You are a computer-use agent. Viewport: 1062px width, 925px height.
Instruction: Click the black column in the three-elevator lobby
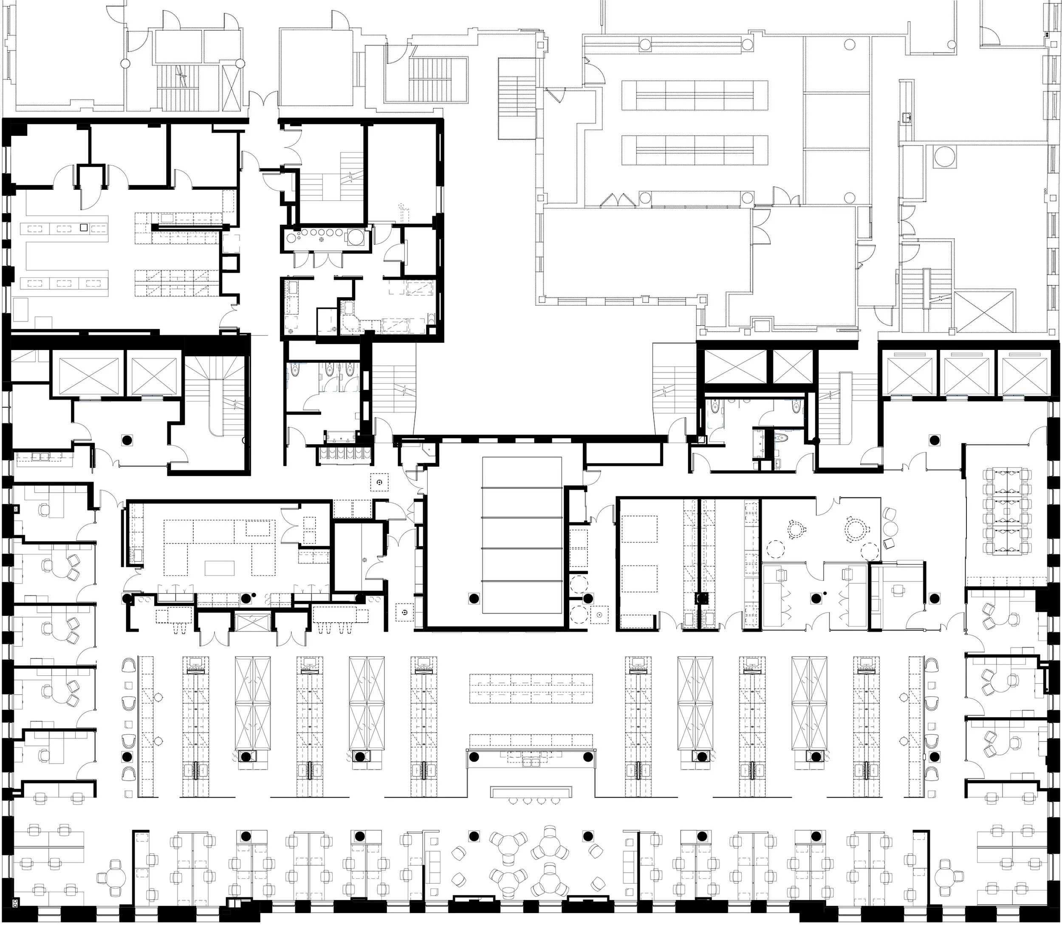click(x=933, y=440)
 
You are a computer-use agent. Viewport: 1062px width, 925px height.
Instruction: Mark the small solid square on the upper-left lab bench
click(x=84, y=227)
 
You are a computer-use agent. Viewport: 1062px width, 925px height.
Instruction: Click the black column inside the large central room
click(x=473, y=599)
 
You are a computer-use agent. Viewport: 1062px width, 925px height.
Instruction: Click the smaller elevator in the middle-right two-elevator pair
click(x=793, y=367)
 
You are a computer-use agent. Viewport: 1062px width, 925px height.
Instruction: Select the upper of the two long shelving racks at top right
click(x=695, y=95)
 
